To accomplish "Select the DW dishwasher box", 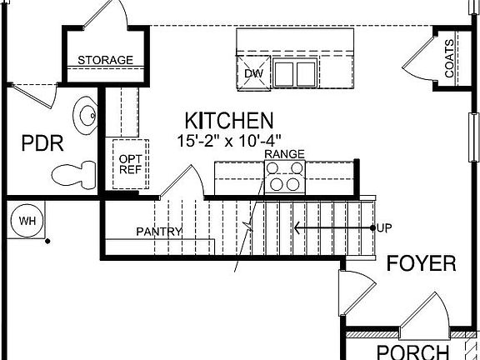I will click(x=253, y=73).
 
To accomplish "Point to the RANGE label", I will click(x=284, y=154).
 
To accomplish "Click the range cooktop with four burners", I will click(x=284, y=177).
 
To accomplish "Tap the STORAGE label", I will click(x=105, y=60).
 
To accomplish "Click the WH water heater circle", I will click(x=27, y=221).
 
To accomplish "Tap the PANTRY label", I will click(x=158, y=230).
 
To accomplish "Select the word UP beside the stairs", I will click(x=384, y=227).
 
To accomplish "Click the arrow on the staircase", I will click(x=333, y=227).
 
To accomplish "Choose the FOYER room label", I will click(x=421, y=265).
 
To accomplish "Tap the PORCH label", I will click(x=412, y=351).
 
